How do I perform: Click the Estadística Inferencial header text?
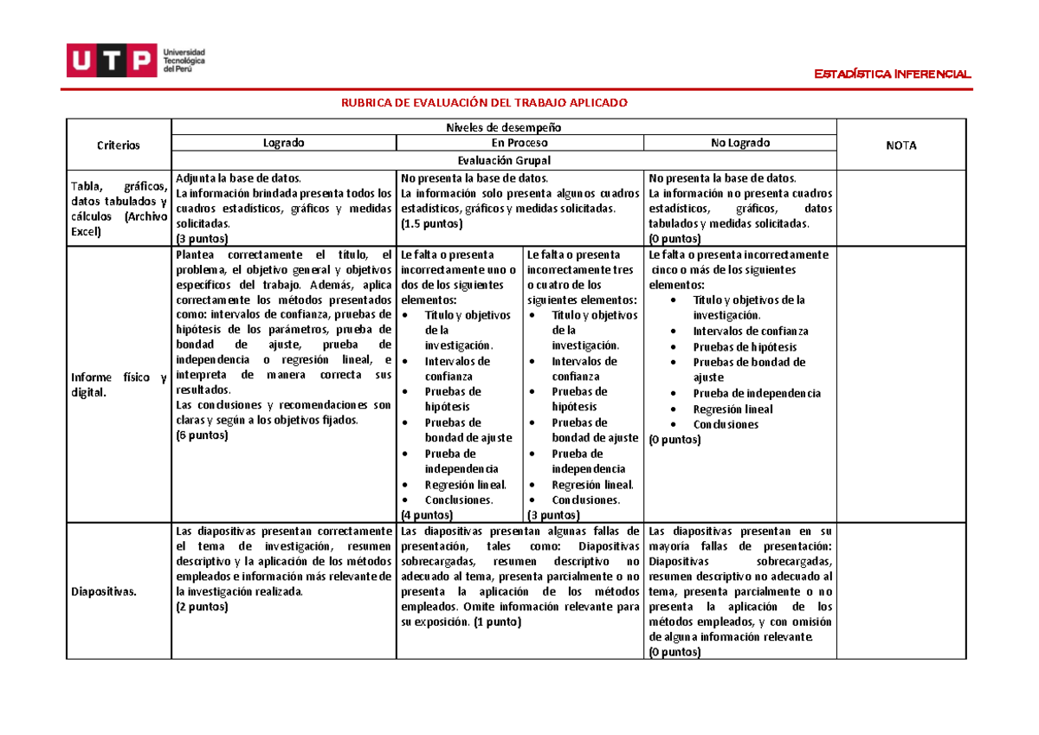894,74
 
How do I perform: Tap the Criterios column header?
119,145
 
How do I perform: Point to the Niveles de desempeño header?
503,127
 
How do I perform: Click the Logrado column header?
283,143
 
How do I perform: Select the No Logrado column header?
739,143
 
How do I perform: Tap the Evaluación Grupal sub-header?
503,161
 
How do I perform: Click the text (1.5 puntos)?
431,223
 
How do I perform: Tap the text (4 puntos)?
427,515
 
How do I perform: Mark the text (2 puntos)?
201,607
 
